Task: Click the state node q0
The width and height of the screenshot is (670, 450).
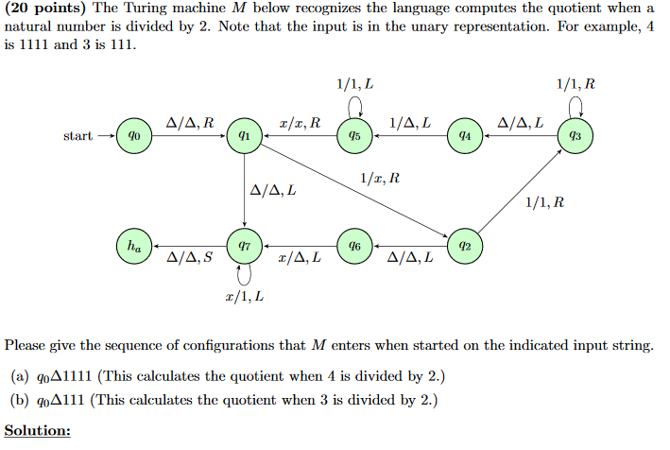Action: coord(134,136)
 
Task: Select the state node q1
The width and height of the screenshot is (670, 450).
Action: coord(244,136)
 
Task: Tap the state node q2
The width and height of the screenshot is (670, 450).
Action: coord(463,246)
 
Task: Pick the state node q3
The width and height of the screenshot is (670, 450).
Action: coord(574,136)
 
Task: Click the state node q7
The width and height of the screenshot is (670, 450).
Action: coord(244,246)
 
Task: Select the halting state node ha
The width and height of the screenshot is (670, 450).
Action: coord(134,246)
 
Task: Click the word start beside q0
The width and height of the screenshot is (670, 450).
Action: coord(77,136)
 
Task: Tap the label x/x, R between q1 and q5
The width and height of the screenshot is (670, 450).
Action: coord(300,123)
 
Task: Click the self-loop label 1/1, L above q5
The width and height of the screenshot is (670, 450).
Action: coord(353,84)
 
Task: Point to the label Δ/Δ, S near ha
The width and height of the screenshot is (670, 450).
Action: coord(189,257)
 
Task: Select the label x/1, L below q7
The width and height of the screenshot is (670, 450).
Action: coord(244,297)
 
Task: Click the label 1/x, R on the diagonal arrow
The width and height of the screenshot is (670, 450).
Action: coord(379,178)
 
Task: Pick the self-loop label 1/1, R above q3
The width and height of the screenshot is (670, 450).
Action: coord(576,84)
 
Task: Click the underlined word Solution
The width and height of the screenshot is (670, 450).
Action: coord(38,430)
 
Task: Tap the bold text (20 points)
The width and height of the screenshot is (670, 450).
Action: coord(45,9)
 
